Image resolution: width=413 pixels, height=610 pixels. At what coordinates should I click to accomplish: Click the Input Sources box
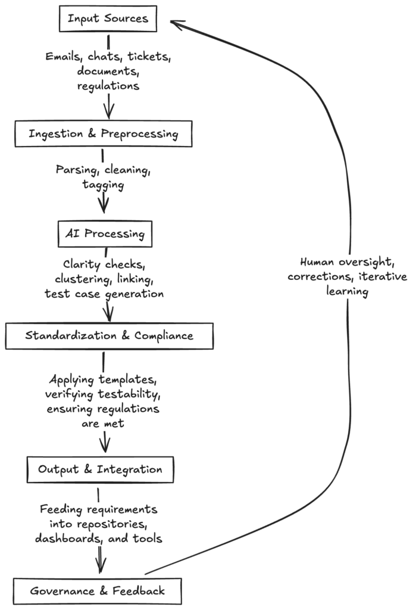(108, 19)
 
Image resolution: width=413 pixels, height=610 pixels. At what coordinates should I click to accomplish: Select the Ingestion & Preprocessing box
(103, 133)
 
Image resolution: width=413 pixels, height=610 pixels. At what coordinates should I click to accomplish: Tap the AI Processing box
(105, 234)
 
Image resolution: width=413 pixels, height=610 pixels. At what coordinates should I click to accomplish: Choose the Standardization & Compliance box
(109, 335)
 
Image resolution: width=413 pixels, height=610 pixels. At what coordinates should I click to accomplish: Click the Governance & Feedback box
(98, 592)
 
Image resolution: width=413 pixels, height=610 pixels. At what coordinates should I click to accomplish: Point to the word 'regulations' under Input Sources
(108, 86)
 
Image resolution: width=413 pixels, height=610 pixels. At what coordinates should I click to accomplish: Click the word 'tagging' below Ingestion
(104, 185)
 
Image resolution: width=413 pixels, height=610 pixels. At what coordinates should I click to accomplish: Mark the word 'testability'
(132, 394)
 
